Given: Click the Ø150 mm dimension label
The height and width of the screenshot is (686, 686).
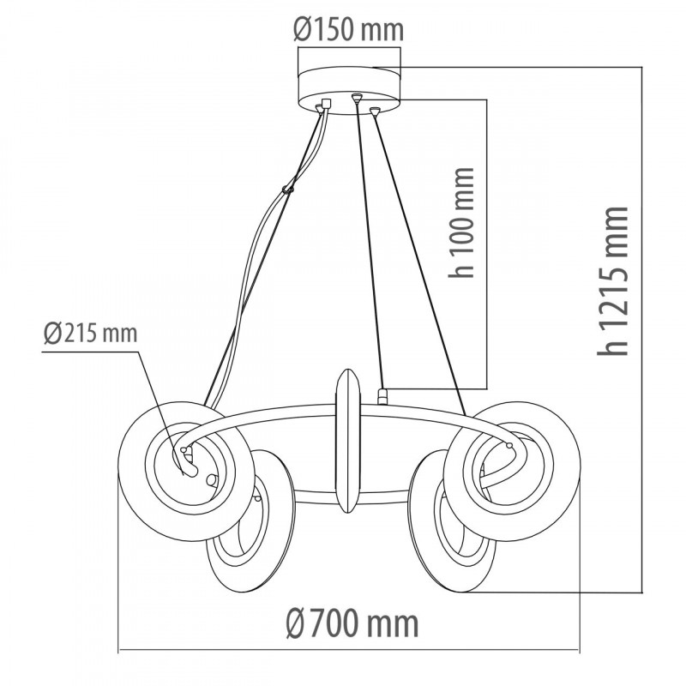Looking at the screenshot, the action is (348, 30).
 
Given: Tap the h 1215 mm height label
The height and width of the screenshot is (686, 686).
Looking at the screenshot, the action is (612, 281).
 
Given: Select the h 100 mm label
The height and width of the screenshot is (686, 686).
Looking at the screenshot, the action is (461, 222).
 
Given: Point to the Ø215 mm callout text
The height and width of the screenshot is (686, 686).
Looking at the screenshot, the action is (91, 333).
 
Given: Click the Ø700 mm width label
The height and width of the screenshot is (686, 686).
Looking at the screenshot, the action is (352, 623).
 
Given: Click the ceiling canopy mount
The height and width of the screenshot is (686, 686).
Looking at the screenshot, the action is (349, 91).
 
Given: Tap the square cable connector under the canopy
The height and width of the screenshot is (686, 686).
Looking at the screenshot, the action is (326, 104).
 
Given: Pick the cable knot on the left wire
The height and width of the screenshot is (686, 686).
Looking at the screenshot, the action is (288, 190).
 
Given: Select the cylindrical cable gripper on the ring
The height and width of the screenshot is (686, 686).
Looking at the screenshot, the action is (382, 396).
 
